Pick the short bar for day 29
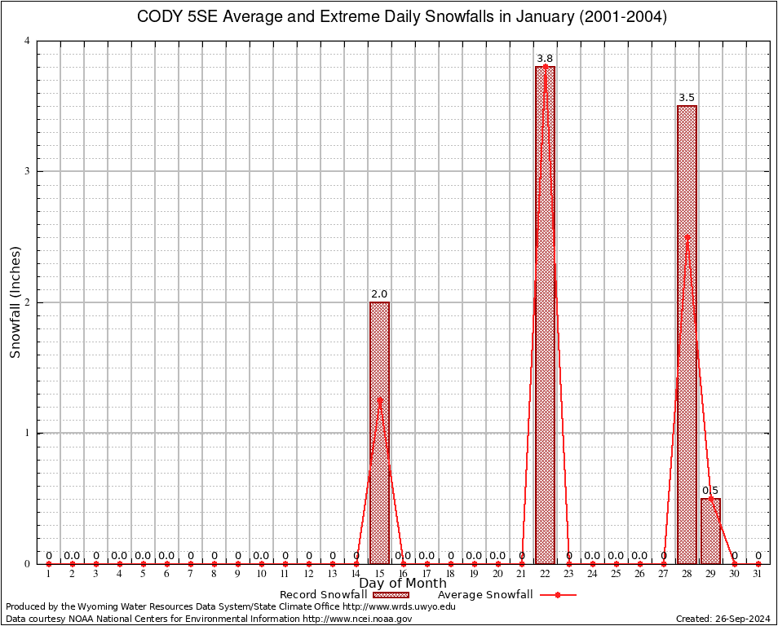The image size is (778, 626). (x=710, y=531)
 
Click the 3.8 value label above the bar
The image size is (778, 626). (x=545, y=59)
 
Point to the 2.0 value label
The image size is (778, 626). (x=379, y=294)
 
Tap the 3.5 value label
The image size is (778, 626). (x=687, y=98)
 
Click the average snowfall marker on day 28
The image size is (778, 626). (x=687, y=236)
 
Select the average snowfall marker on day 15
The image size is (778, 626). (x=379, y=399)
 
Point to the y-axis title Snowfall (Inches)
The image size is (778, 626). (x=15, y=302)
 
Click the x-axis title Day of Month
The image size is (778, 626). (x=403, y=583)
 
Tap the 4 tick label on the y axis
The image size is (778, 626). (x=27, y=41)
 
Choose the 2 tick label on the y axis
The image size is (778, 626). (x=27, y=302)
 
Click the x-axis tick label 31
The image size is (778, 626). (x=758, y=575)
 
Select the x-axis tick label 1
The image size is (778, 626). (x=49, y=575)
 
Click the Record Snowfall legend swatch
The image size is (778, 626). (x=391, y=595)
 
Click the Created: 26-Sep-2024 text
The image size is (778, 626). (x=723, y=619)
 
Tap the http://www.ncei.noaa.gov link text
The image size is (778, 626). (x=357, y=619)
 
